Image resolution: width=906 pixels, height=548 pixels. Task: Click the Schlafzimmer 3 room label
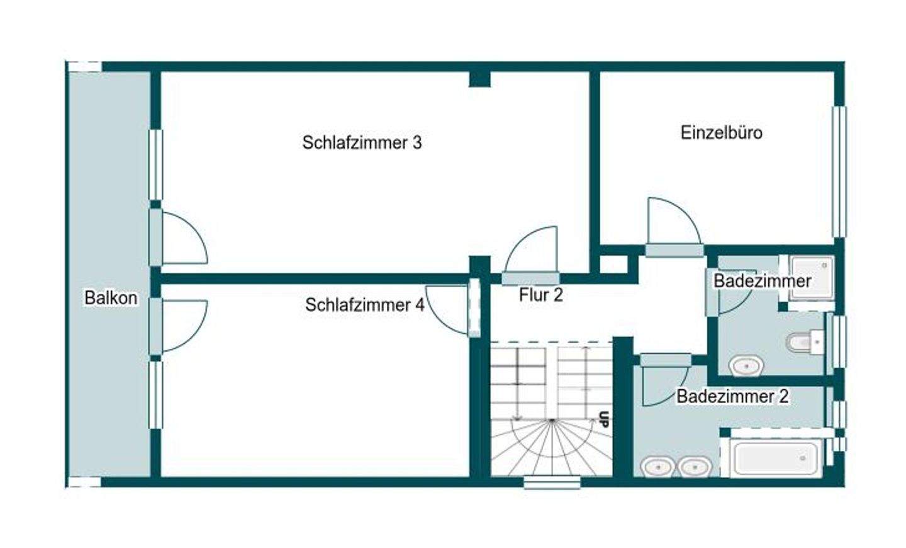[x=362, y=142]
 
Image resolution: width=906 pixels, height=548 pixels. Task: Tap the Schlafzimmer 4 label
[x=364, y=305]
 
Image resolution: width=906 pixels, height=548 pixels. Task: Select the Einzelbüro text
[x=721, y=132]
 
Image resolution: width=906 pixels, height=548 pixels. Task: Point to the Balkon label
[x=111, y=297]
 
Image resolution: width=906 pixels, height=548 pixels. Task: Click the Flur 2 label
[x=540, y=295]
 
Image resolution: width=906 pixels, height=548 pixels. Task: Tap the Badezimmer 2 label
[x=732, y=396]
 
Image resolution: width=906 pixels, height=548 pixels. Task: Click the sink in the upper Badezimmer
[x=747, y=364]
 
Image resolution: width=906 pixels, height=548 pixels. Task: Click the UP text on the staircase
[x=604, y=419]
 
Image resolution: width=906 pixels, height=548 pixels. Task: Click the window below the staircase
[x=552, y=482]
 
